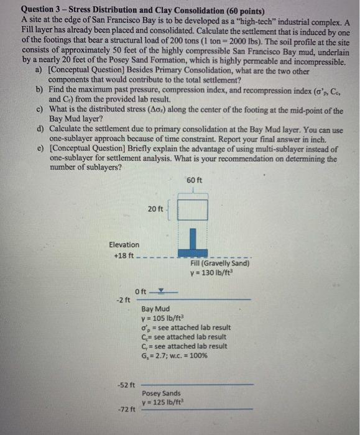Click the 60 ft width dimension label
[x=194, y=180]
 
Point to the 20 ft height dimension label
[x=156, y=209]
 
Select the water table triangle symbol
[x=161, y=290]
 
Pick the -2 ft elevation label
[x=123, y=300]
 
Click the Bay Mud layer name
[x=155, y=309]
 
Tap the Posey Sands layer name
[x=161, y=393]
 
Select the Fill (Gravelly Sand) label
[x=216, y=263]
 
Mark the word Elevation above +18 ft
[x=124, y=245]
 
